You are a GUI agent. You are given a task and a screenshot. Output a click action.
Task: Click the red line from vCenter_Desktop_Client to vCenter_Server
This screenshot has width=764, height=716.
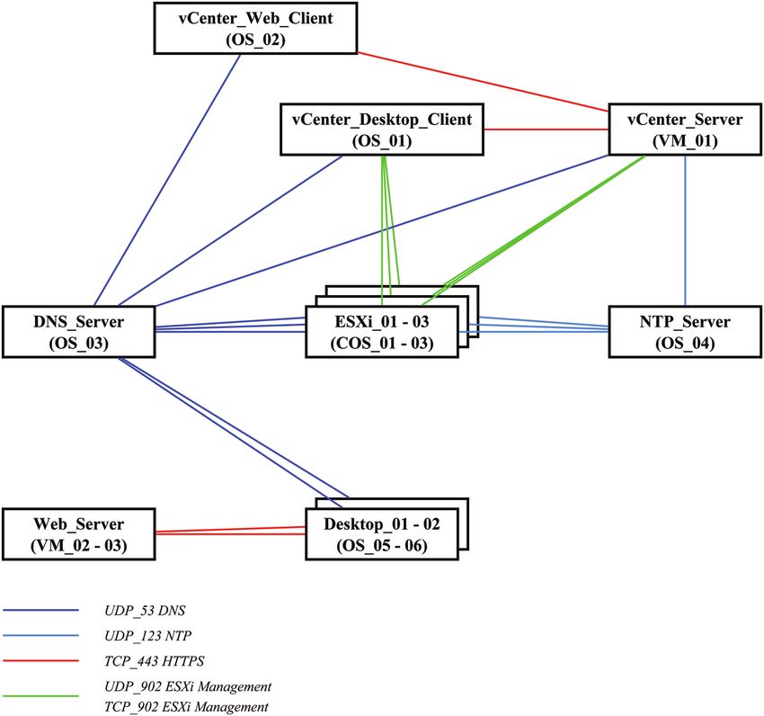546,130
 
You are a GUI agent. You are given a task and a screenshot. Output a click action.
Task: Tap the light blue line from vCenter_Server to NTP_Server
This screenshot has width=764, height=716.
686,230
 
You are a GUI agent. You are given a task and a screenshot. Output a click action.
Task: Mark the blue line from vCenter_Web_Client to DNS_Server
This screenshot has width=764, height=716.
167,180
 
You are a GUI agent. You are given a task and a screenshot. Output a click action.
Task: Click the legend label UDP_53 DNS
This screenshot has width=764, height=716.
145,610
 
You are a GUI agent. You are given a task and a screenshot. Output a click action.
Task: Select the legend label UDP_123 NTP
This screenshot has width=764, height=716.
147,636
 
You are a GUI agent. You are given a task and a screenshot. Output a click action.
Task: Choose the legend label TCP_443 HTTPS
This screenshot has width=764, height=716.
154,661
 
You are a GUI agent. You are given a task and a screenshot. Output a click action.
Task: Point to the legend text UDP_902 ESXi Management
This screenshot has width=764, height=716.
188,686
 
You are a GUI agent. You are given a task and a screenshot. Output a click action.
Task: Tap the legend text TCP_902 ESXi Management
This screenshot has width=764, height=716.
186,706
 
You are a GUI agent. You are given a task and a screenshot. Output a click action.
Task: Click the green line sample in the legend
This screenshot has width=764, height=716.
40,696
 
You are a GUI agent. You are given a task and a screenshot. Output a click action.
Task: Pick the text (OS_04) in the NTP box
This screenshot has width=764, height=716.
685,343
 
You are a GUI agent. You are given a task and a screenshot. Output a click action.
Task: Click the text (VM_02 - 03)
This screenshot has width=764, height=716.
79,545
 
